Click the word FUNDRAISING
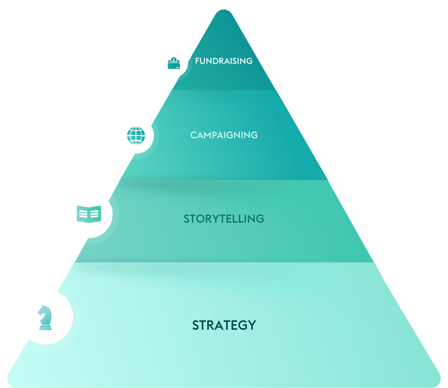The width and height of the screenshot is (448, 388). pos(224,61)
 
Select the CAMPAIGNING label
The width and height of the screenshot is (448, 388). pos(224,135)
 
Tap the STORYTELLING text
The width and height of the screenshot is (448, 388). pos(224,219)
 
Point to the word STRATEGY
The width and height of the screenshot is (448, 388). pos(224,325)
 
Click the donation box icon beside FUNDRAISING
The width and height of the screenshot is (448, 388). pos(173,63)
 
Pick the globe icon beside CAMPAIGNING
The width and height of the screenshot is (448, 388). pos(136,135)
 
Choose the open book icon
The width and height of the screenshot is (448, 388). pos(89,214)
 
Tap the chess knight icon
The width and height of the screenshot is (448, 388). pos(44,317)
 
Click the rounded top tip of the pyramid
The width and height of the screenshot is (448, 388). pos(224,12)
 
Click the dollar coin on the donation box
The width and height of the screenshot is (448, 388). pos(173,60)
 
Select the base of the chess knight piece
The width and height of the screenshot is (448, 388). pos(45,328)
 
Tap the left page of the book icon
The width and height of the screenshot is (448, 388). pos(83,214)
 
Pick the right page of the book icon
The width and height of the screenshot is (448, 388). pos(95,214)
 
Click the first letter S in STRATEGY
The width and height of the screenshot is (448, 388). pos(196,325)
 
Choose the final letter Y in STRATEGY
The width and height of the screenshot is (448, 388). pos(252,325)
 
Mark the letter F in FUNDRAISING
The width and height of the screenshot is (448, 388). pos(197,61)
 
